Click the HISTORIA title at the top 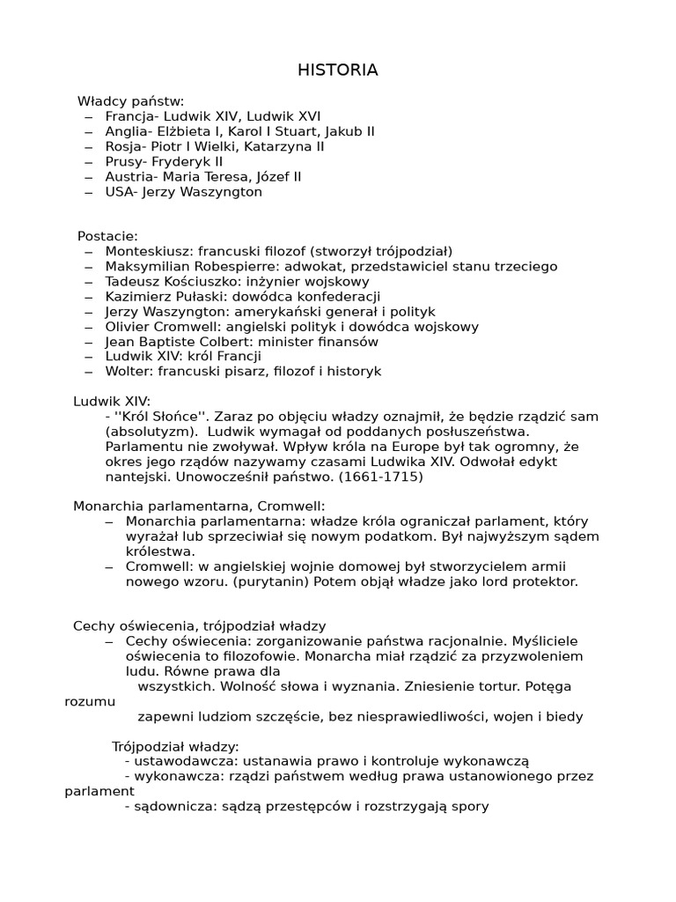[338, 70]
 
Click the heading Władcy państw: [130, 101]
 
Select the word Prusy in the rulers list [123, 162]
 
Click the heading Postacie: [107, 236]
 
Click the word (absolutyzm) [144, 432]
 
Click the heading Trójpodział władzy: [175, 746]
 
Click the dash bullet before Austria [89, 177]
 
